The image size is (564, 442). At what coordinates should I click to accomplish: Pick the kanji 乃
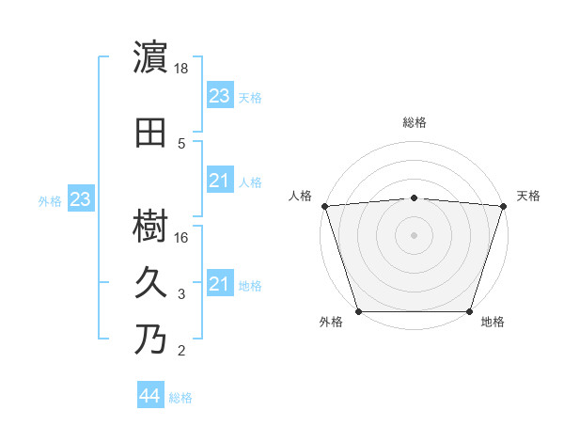pyautogui.click(x=151, y=339)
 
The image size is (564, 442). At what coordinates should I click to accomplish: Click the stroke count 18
pyautogui.click(x=182, y=69)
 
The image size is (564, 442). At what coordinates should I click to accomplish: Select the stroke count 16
pyautogui.click(x=182, y=237)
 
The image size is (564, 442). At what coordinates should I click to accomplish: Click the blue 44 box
pyautogui.click(x=149, y=396)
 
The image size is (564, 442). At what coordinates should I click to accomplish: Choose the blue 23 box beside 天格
pyautogui.click(x=219, y=96)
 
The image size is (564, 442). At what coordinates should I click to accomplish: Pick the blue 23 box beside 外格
pyautogui.click(x=80, y=199)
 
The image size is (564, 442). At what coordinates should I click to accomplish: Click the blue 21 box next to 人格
pyautogui.click(x=219, y=181)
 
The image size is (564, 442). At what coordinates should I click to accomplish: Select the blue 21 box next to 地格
pyautogui.click(x=219, y=284)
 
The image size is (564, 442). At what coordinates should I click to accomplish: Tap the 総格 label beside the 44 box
pyautogui.click(x=180, y=398)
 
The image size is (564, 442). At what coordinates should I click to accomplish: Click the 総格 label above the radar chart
pyautogui.click(x=414, y=122)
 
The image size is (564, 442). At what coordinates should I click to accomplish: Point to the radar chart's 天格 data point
pyautogui.click(x=503, y=206)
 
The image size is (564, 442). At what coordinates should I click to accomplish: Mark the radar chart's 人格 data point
pyautogui.click(x=324, y=206)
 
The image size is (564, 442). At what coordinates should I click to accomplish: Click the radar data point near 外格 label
pyautogui.click(x=358, y=311)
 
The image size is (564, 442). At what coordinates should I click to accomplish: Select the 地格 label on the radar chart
pyautogui.click(x=493, y=323)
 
